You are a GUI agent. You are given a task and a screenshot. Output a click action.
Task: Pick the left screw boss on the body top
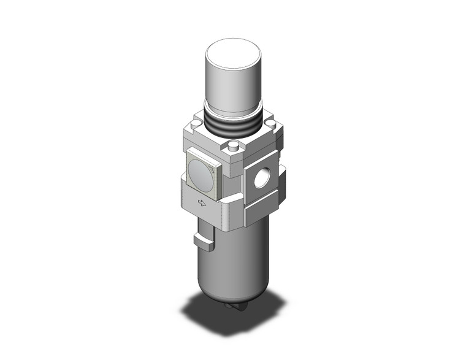coord(194,125)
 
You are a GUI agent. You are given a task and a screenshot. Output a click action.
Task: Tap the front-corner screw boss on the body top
coord(233,147)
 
